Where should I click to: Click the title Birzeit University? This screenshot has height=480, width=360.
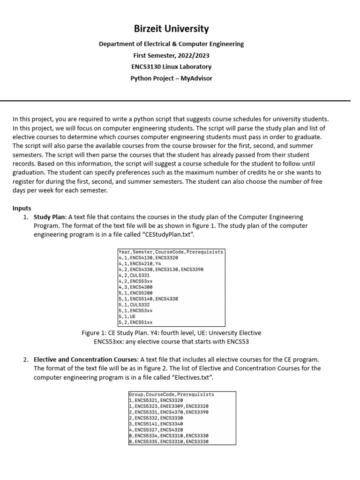coord(171,29)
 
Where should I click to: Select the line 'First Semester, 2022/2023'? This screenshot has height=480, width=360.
coord(171,55)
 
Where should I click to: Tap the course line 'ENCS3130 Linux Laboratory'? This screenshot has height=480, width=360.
coord(171,67)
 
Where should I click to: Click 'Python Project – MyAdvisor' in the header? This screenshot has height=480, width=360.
coord(171,78)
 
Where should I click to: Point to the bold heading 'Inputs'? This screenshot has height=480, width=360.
coord(22,208)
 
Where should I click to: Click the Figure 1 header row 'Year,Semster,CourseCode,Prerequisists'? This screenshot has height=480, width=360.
coord(171,252)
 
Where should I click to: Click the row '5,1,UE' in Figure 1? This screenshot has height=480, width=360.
coord(127,316)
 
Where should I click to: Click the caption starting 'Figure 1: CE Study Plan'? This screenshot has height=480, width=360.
coord(171,333)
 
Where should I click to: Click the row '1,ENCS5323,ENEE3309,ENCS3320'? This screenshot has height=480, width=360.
coord(169,406)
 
